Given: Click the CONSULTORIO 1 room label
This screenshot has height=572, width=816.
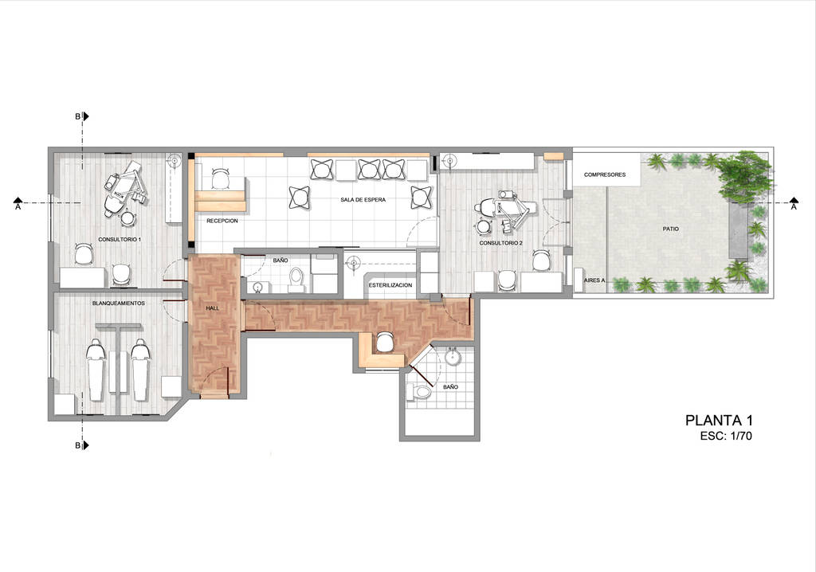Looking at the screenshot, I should tap(120, 240).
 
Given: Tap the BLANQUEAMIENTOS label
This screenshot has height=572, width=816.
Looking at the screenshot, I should tap(119, 304).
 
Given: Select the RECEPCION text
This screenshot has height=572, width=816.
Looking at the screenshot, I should tap(222, 221).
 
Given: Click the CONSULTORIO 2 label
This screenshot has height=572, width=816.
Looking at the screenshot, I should tap(501, 242).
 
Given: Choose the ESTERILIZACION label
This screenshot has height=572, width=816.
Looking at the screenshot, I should tap(390, 284).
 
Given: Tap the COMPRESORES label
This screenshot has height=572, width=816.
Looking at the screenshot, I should tap(604, 174).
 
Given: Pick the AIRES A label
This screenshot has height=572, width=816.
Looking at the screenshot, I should tap(594, 280).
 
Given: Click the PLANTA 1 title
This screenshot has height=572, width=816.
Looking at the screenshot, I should tap(719, 421).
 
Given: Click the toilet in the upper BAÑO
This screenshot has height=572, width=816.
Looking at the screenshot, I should tap(296, 279).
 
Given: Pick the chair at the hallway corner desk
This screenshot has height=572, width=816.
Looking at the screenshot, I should tap(385, 343).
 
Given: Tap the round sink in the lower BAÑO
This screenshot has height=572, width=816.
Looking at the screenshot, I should tap(453, 356).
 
